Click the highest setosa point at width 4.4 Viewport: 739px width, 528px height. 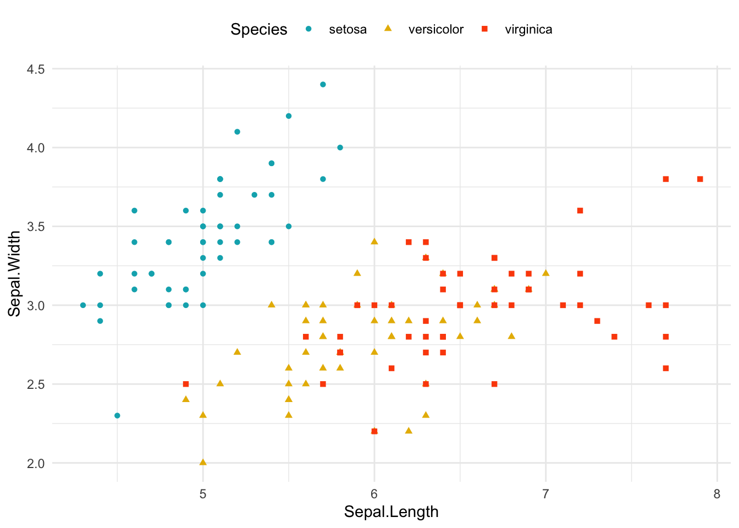pos(323,84)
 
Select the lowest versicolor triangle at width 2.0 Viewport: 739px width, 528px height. pos(203,462)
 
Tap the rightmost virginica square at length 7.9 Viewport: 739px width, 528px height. pos(700,179)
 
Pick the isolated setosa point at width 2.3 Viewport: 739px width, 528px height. pos(117,415)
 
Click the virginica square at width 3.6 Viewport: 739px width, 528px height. pos(580,211)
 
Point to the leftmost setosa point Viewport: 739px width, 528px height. pos(83,305)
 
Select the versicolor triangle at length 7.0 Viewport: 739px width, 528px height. pos(545,273)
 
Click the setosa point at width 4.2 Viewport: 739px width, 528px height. pos(289,116)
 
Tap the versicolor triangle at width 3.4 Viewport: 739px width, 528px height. pos(374,241)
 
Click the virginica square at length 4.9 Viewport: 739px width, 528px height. pos(186,384)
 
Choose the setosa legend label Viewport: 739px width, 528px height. pos(348,30)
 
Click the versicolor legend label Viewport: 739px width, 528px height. pos(435,30)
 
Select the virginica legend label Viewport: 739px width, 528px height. pos(528,30)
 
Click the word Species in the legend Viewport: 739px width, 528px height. pos(258,30)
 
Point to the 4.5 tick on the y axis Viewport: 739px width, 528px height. pos(37,69)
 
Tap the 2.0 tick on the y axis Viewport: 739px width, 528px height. pos(37,463)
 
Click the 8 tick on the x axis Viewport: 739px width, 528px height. pos(717,494)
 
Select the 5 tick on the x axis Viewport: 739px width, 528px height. pos(203,494)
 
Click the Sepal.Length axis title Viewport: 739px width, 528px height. pos(391,512)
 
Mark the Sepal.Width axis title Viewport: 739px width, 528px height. pos(15,273)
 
